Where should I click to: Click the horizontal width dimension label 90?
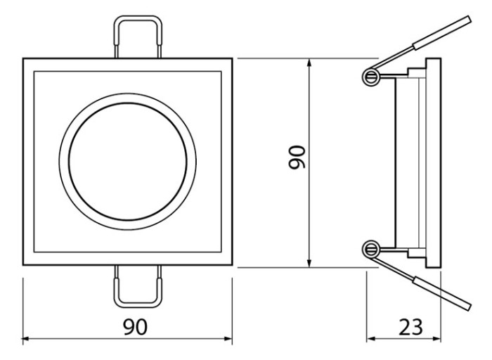[x=135, y=327]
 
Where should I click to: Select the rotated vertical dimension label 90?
[x=297, y=157]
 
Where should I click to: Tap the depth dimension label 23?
[x=410, y=327]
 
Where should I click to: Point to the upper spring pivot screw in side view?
[x=371, y=76]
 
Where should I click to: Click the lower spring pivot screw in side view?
[x=371, y=250]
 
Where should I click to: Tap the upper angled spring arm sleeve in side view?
[x=442, y=32]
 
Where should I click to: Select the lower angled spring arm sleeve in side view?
[x=442, y=294]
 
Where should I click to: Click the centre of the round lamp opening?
[x=128, y=162]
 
